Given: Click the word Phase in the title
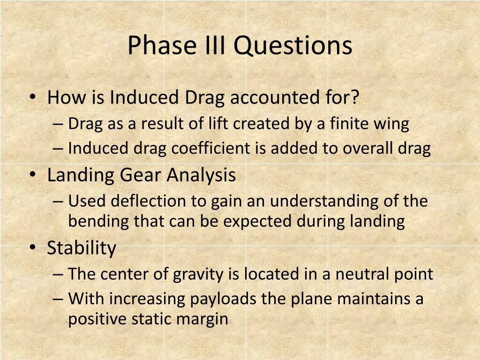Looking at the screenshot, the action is tap(162, 45).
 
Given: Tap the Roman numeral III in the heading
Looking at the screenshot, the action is tap(215, 45).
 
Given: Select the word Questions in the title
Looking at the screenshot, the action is tap(293, 46).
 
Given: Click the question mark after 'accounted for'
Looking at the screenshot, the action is tap(354, 97).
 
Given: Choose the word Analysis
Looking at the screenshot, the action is tap(202, 176).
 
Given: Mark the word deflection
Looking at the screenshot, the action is tap(148, 201).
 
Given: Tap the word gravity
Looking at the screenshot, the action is tap(198, 275).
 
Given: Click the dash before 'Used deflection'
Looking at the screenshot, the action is tap(58, 202).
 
